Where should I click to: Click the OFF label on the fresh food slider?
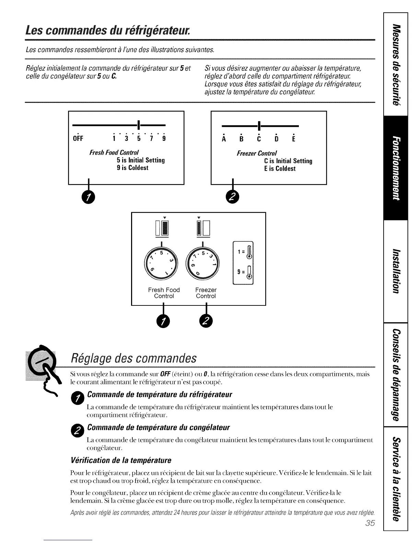coord(78,139)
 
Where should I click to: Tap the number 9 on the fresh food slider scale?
coord(164,139)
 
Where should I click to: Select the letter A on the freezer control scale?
coord(224,139)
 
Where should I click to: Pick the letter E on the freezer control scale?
coord(294,139)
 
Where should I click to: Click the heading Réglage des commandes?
coord(133,359)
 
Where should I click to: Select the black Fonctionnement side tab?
coord(396,168)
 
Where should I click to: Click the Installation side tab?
coord(396,271)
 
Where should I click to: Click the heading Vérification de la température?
coord(120,460)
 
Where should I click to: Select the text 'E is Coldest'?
coord(280,169)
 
